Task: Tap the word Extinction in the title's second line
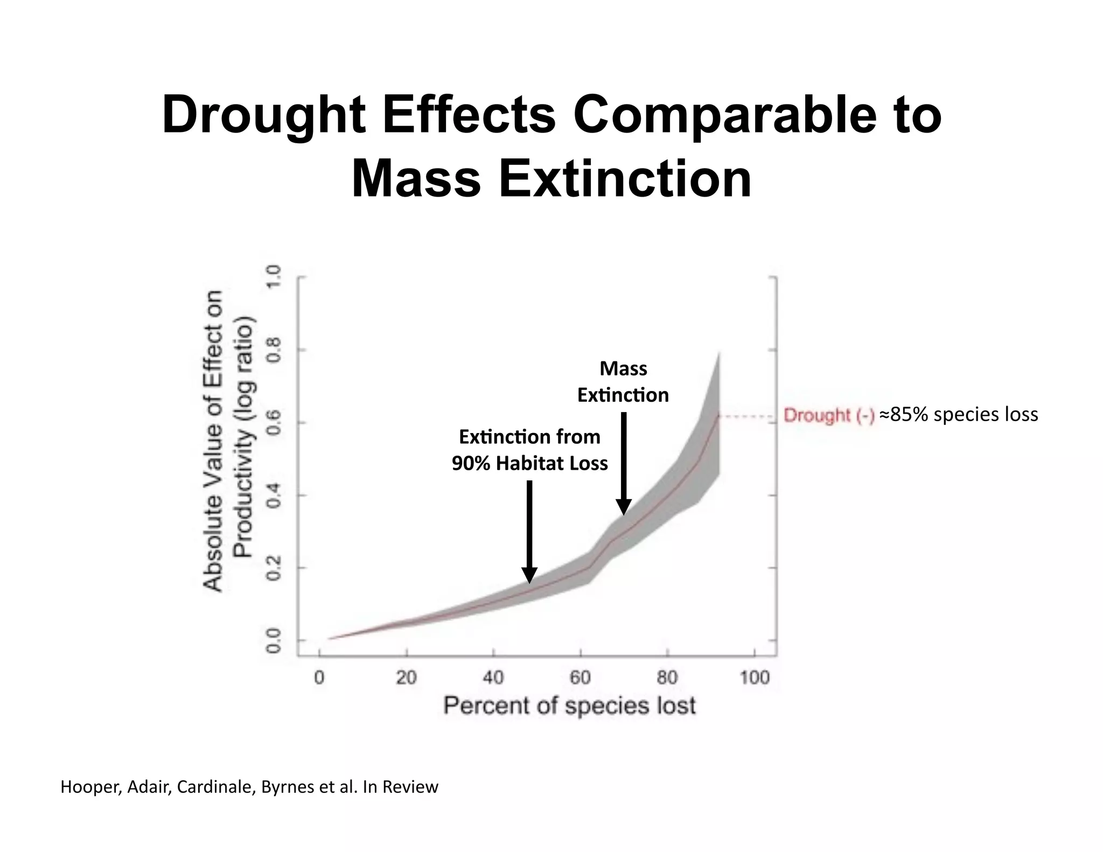625,179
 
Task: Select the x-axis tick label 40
493,678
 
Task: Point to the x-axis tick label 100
754,678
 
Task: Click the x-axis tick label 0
319,678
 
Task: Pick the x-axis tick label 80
667,678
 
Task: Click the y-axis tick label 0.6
275,423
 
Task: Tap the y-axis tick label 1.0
275,277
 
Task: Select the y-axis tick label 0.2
275,568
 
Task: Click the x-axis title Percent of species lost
569,706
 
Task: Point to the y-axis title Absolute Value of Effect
213,442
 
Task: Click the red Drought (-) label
828,415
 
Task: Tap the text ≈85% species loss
959,414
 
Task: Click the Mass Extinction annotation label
623,382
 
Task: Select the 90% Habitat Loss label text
529,463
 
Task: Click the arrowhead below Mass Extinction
624,507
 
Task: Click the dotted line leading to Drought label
749,416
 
